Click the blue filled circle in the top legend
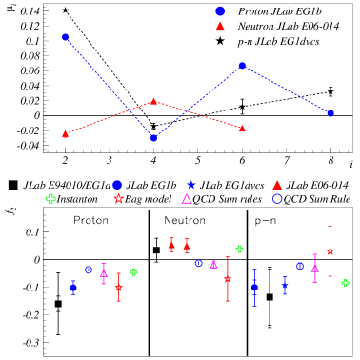pyautogui.click(x=220, y=10)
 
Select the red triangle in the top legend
pyautogui.click(x=220, y=27)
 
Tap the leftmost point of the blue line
pyautogui.click(x=65, y=37)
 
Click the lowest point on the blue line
pyautogui.click(x=153, y=138)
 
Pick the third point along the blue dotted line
pyautogui.click(x=242, y=66)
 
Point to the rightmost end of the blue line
pyautogui.click(x=330, y=113)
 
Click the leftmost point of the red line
pyautogui.click(x=65, y=134)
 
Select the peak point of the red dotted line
pyautogui.click(x=153, y=101)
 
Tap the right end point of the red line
pyautogui.click(x=242, y=128)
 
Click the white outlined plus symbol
pyautogui.click(x=39, y=198)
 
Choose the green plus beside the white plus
pyautogui.click(x=51, y=198)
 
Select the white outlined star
pyautogui.click(x=107, y=198)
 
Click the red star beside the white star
pyautogui.click(x=119, y=198)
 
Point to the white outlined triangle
pyautogui.click(x=174, y=199)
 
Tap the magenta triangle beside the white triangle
pyautogui.click(x=187, y=199)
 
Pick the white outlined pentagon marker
pyautogui.click(x=265, y=198)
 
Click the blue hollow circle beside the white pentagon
pyautogui.click(x=277, y=198)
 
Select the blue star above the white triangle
pyautogui.click(x=191, y=184)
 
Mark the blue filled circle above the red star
pyautogui.click(x=117, y=185)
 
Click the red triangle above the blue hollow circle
pyautogui.click(x=277, y=185)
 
